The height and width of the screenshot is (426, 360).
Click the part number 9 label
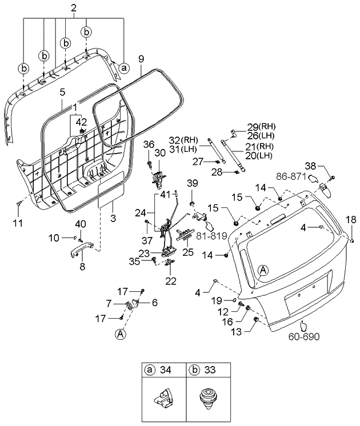pos(142,58)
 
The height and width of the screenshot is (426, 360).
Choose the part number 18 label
pos(351,219)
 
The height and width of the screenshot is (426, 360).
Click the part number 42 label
pos(82,122)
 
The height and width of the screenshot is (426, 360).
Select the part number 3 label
pos(113,218)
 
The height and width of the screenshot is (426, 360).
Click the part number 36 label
pos(148,143)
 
